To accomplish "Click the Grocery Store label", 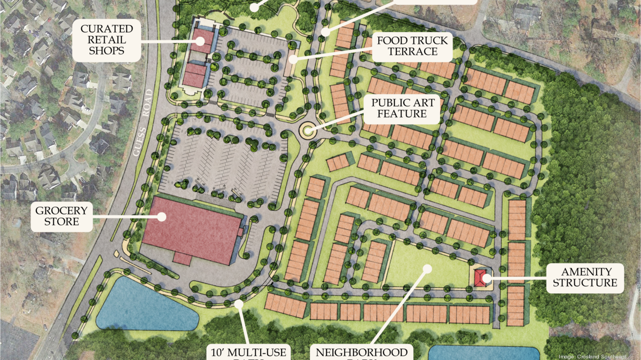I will [x=61, y=216].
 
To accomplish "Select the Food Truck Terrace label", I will [x=413, y=46].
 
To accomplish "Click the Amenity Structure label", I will [x=585, y=277].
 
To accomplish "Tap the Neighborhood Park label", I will [x=362, y=353].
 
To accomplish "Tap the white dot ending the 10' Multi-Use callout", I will [x=239, y=304].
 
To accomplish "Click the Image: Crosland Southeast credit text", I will [x=598, y=356].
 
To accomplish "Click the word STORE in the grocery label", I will [x=61, y=222].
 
